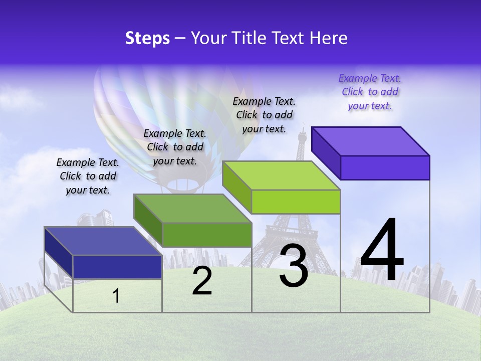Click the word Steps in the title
(x=147, y=38)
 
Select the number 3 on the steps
(x=294, y=266)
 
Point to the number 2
(x=202, y=281)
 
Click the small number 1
(x=116, y=296)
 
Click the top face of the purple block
(x=371, y=141)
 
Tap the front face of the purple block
(x=385, y=167)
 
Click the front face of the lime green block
(x=296, y=202)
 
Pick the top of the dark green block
(x=193, y=209)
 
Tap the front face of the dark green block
(x=206, y=235)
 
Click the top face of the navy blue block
(x=103, y=241)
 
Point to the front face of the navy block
(x=117, y=267)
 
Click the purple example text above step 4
(x=370, y=92)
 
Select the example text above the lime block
(x=264, y=115)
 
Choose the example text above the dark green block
(x=175, y=147)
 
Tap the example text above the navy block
(x=88, y=176)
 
